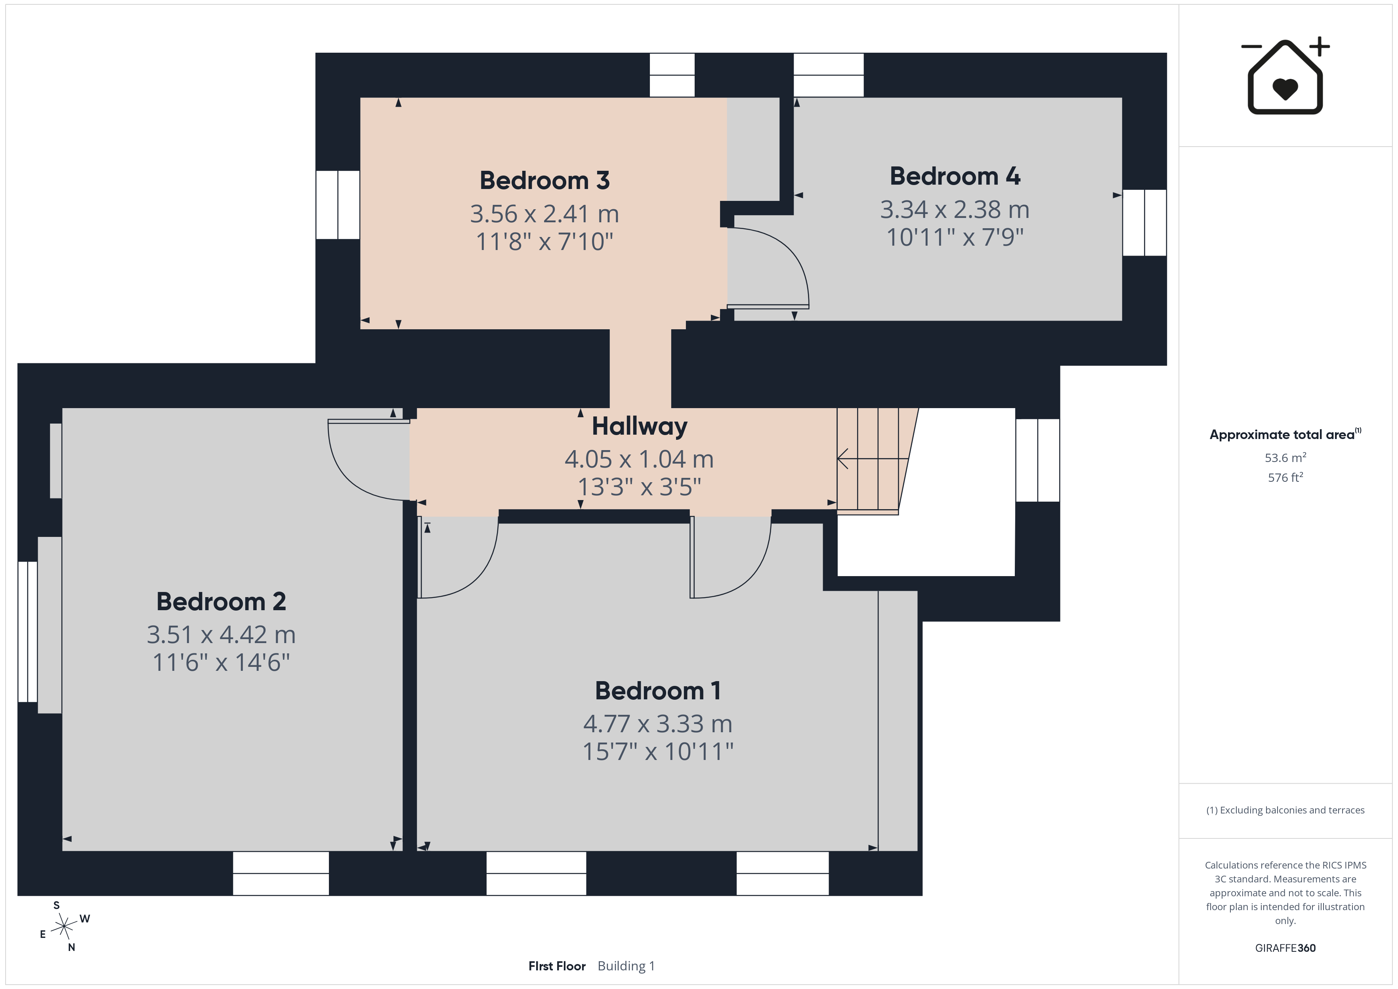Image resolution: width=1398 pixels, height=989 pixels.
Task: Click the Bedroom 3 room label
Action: tap(544, 180)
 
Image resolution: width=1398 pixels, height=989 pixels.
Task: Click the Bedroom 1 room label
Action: tap(658, 691)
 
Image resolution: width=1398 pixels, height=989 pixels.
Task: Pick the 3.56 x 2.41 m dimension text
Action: tap(544, 214)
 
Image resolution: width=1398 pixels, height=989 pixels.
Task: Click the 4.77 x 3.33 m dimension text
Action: tap(658, 724)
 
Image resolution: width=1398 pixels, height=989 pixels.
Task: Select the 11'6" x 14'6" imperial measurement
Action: tap(221, 662)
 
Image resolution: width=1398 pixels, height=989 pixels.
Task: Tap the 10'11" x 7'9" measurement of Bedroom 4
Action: tap(955, 237)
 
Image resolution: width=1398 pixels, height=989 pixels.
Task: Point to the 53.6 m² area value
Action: tap(1285, 457)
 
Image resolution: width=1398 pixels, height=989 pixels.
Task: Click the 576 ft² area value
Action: tap(1285, 477)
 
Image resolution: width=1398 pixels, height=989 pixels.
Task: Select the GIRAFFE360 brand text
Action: tap(1285, 948)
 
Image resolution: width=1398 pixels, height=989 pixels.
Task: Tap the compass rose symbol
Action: tap(64, 927)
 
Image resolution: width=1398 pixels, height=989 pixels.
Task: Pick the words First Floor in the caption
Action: tap(557, 966)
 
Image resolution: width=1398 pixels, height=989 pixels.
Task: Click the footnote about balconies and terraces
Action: tap(1285, 810)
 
